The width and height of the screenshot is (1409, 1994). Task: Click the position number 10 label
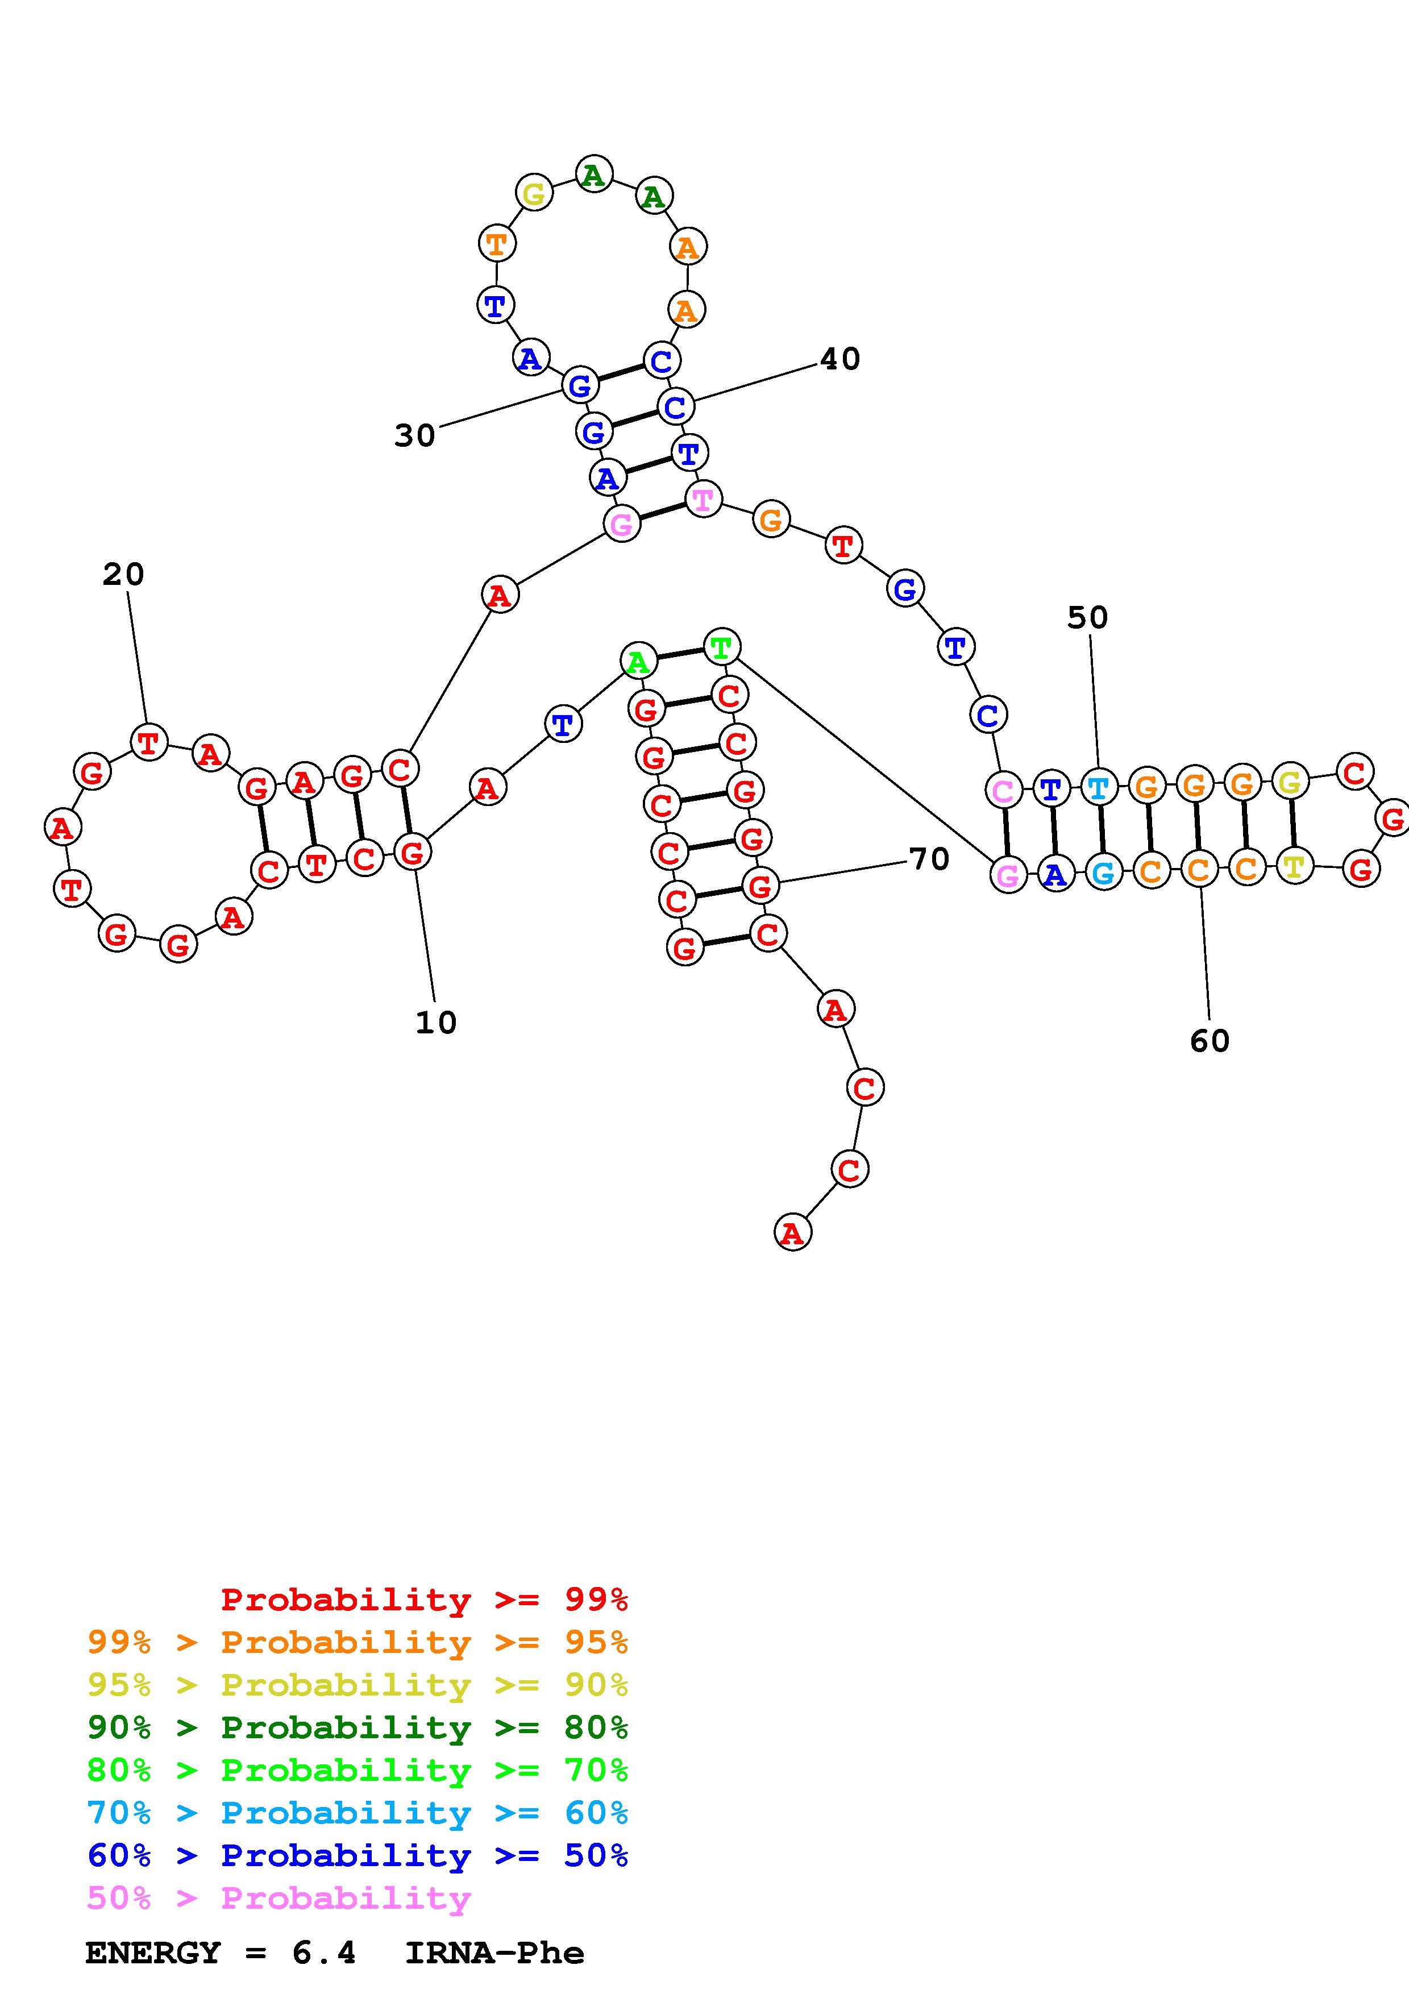click(x=436, y=1023)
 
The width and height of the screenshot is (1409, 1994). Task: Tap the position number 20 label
click(x=123, y=574)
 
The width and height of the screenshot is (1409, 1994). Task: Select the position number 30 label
click(x=414, y=435)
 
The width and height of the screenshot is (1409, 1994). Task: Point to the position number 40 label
click(x=839, y=359)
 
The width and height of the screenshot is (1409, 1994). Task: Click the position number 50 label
click(x=1087, y=617)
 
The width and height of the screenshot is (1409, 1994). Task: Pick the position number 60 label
click(x=1210, y=1040)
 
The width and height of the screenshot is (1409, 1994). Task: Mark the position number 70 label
click(x=929, y=859)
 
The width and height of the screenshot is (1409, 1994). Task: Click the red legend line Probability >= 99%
click(x=425, y=1599)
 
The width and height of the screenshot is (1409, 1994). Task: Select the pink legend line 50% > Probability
click(x=278, y=1897)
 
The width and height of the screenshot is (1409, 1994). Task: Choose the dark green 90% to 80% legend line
click(x=358, y=1727)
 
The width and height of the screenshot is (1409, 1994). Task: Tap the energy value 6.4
click(x=324, y=1953)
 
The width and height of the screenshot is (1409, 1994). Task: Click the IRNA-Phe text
click(x=495, y=1953)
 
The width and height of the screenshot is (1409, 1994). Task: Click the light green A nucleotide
click(x=638, y=662)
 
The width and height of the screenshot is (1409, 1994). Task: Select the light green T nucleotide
click(x=721, y=646)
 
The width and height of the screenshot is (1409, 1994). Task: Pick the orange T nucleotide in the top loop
click(x=497, y=243)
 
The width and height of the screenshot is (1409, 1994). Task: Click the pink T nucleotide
click(x=703, y=500)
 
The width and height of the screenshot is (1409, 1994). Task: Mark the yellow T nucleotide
click(x=1294, y=866)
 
